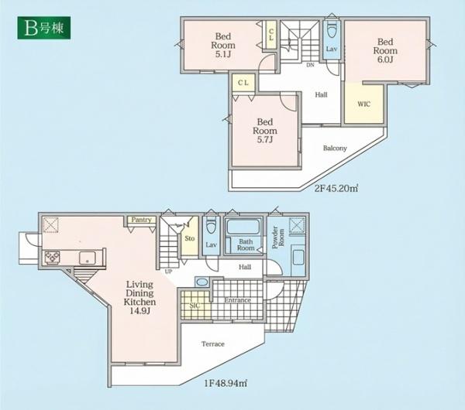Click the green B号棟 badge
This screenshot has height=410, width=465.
pos(44,28)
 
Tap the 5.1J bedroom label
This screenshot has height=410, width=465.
pos(223,46)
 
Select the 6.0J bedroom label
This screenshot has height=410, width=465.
pos(385,50)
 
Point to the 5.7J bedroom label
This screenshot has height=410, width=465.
pos(265,131)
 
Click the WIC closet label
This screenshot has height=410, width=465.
pos(364,104)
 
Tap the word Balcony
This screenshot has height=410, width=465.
pos(335,148)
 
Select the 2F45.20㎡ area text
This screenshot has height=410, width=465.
pos(336,188)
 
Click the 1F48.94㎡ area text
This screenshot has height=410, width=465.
pos(226,384)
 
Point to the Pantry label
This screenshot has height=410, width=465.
pos(142,220)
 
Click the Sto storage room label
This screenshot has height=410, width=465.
pos(190,238)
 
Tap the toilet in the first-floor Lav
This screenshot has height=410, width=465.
pos(211,227)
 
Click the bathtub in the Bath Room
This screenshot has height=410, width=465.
pos(243,227)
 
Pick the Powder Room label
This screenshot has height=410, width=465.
pos(278,237)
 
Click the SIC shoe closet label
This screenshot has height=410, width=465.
pos(195,306)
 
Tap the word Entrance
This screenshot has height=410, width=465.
pos(238,300)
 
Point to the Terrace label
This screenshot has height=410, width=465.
pos(213,344)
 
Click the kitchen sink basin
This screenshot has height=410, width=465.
pos(87,258)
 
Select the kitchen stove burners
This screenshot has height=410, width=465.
pos(52,257)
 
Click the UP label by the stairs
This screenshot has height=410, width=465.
pos(168,272)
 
